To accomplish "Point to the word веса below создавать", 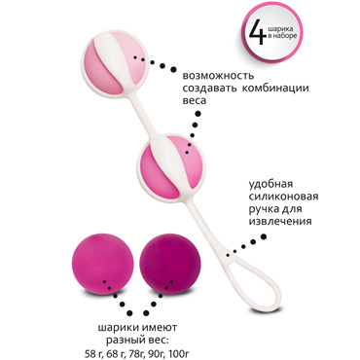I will click(x=186, y=105).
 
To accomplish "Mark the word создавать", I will click(x=206, y=90).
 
